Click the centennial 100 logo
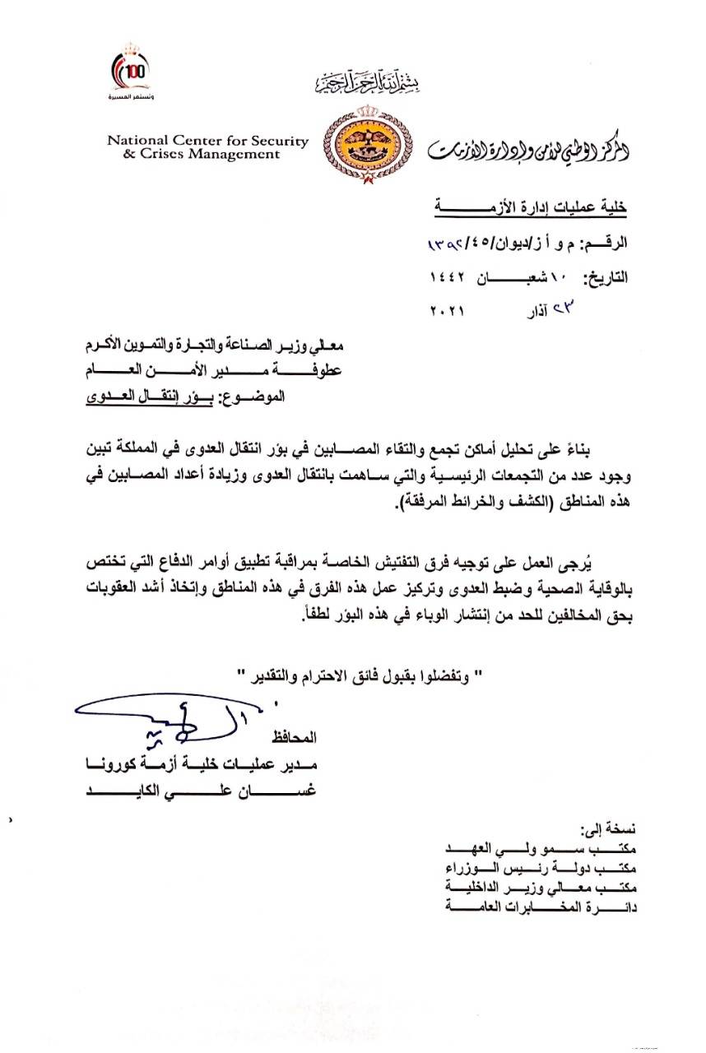(132, 72)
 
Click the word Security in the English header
(278, 141)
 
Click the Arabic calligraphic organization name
(527, 149)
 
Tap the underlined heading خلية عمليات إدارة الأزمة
(530, 210)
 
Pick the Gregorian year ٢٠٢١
(448, 312)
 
